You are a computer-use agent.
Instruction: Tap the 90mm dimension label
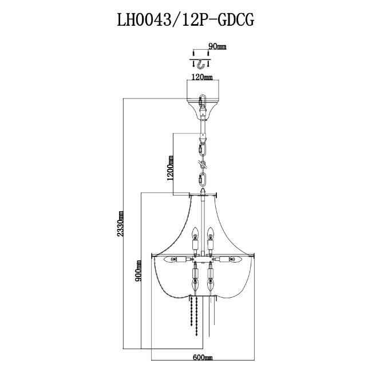point(215,45)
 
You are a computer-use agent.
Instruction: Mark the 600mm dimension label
point(201,358)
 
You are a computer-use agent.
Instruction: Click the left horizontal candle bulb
point(171,261)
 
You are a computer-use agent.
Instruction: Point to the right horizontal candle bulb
point(232,261)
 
